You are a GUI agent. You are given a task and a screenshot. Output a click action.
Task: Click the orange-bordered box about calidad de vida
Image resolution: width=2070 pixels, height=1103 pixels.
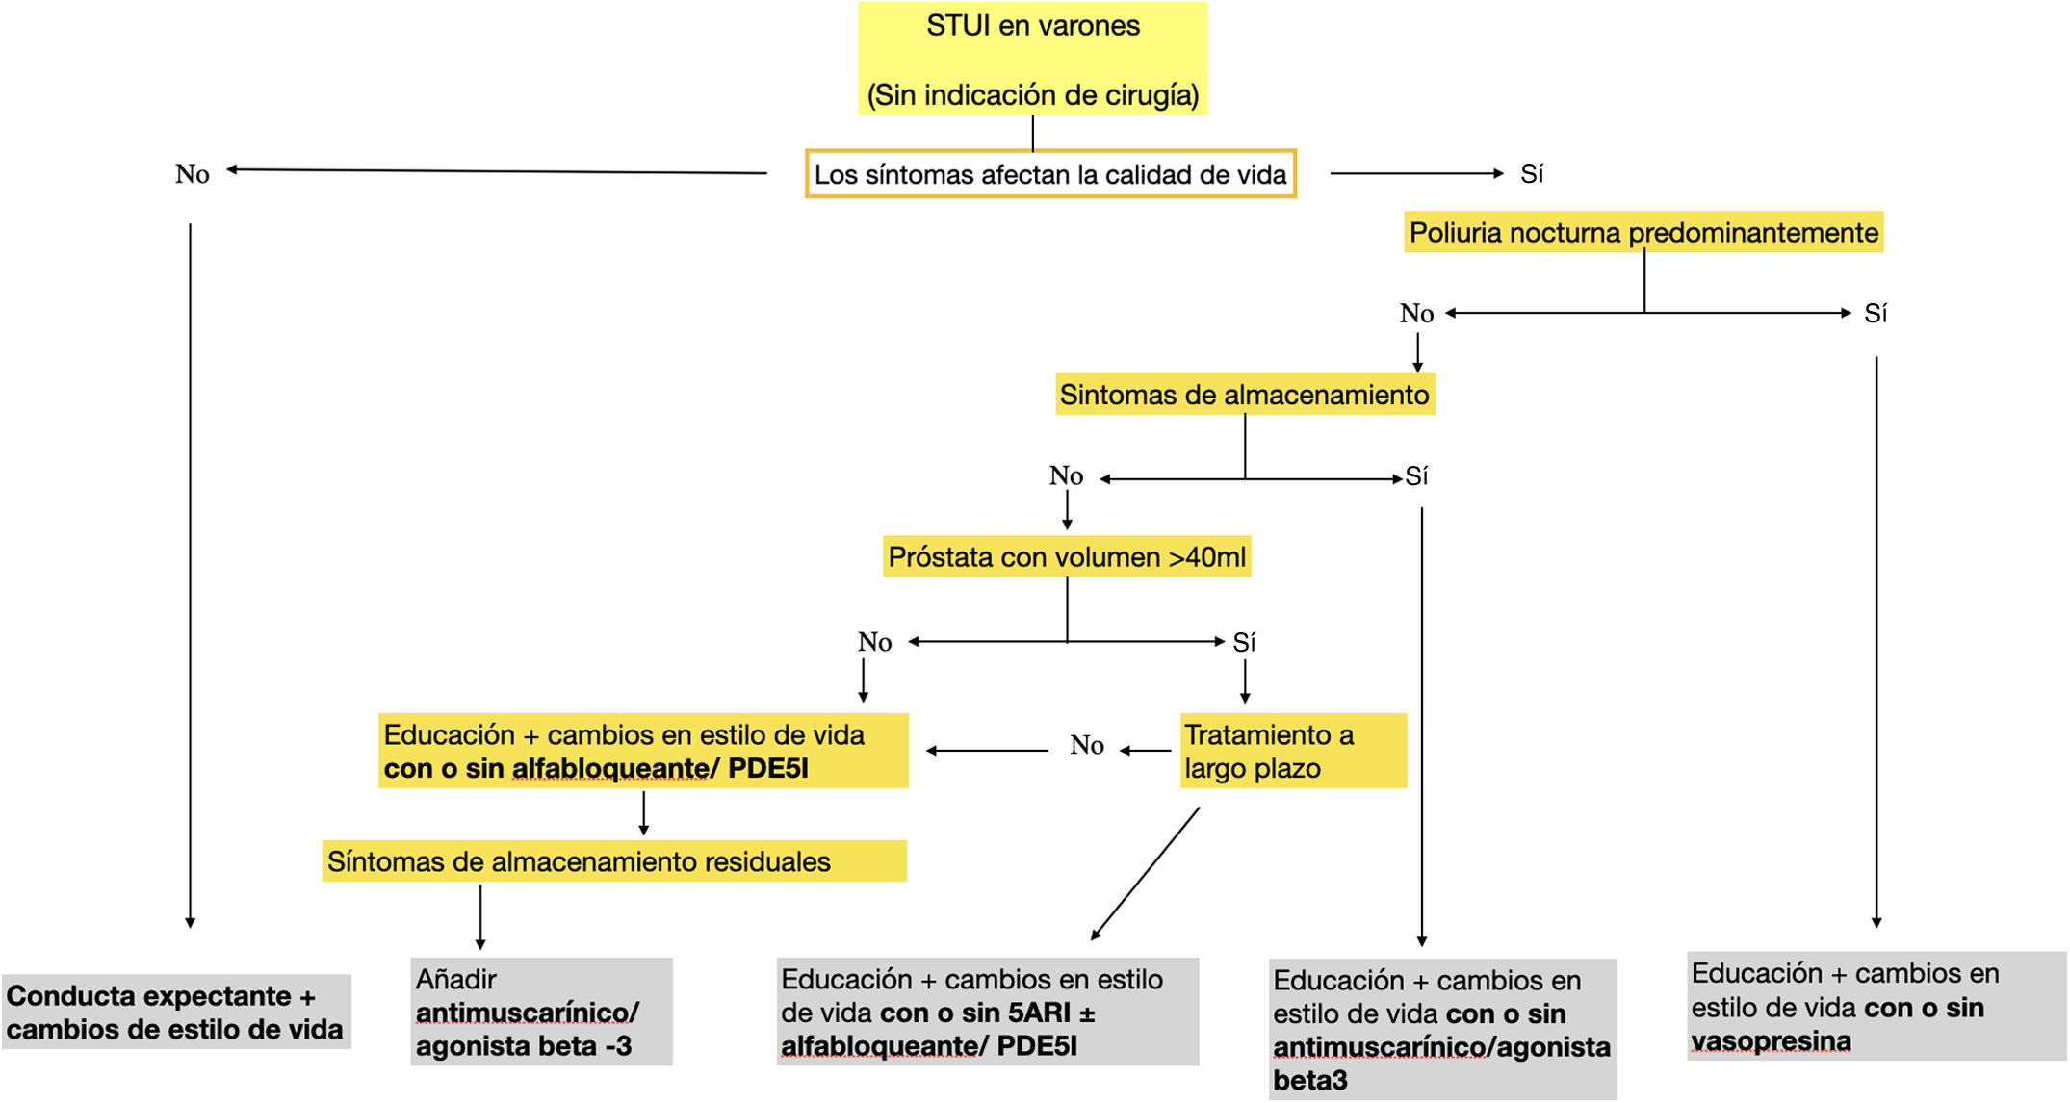pyautogui.click(x=1050, y=174)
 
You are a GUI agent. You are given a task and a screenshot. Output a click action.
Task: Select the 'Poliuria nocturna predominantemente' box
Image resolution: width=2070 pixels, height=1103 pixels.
pyautogui.click(x=1643, y=233)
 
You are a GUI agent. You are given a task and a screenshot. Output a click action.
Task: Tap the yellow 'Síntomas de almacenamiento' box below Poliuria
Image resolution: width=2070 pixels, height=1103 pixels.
pyautogui.click(x=1244, y=395)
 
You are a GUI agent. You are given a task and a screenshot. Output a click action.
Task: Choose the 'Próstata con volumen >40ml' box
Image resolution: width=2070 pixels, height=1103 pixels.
pyautogui.click(x=1067, y=557)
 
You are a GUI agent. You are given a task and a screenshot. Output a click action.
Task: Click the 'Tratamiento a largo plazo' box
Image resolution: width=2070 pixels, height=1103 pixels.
pyautogui.click(x=1293, y=751)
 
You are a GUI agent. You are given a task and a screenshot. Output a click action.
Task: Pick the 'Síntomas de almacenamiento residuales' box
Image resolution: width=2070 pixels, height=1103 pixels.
pyautogui.click(x=613, y=861)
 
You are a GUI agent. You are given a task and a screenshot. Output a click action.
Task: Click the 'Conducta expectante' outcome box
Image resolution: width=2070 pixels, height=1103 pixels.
pyautogui.click(x=175, y=1013)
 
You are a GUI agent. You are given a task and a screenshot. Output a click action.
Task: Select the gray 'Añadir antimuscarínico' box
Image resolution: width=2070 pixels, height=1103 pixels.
pyautogui.click(x=541, y=1013)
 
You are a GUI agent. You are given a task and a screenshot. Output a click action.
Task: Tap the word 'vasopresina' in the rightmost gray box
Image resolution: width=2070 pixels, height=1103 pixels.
pyautogui.click(x=1771, y=1041)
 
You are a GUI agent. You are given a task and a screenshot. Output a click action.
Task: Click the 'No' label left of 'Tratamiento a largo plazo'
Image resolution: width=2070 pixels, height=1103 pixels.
pyautogui.click(x=1087, y=746)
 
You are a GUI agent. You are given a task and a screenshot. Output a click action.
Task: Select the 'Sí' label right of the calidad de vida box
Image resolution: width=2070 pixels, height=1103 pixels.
pyautogui.click(x=1532, y=174)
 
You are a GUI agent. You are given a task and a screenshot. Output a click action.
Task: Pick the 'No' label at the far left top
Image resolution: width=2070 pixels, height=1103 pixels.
pyautogui.click(x=193, y=174)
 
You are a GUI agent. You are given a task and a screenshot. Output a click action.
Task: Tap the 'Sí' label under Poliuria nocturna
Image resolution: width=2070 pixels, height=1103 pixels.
pyautogui.click(x=1876, y=314)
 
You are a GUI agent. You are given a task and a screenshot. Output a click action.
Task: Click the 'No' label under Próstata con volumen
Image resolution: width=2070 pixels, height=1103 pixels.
pyautogui.click(x=875, y=642)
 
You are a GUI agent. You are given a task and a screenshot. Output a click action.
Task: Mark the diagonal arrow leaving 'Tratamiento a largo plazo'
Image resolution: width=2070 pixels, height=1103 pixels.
pyautogui.click(x=1146, y=873)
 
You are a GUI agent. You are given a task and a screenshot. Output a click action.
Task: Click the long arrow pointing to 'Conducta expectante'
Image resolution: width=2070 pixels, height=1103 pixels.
pyautogui.click(x=191, y=577)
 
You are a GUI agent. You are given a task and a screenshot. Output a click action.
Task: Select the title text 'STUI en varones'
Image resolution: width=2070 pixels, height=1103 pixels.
pyautogui.click(x=1033, y=26)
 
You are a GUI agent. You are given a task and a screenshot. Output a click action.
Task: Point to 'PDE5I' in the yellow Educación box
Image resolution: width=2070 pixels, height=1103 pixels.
pyautogui.click(x=767, y=769)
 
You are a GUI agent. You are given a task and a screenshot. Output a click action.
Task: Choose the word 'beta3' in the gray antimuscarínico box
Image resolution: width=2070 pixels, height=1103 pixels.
pyautogui.click(x=1309, y=1081)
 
